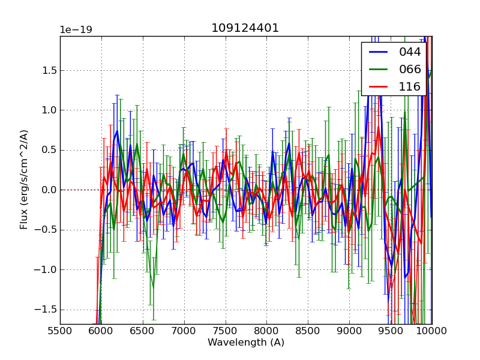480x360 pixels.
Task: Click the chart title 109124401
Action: click(x=245, y=28)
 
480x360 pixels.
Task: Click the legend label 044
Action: click(x=410, y=52)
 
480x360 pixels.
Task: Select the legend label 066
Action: click(x=410, y=69)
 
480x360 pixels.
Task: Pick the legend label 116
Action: click(x=410, y=86)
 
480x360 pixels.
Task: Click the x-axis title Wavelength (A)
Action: click(x=246, y=343)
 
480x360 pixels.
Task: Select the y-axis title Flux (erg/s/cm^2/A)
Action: click(x=24, y=179)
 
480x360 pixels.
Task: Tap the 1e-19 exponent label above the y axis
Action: click(x=76, y=30)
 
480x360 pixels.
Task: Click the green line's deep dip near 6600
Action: click(x=153, y=287)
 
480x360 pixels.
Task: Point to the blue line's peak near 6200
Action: click(x=117, y=131)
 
